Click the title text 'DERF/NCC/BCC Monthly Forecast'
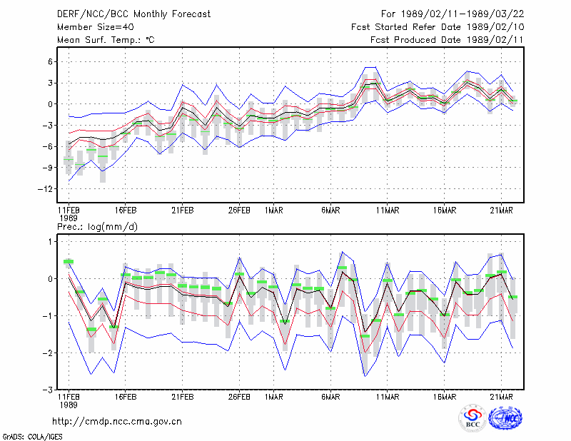(x=133, y=14)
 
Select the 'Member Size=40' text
(x=96, y=27)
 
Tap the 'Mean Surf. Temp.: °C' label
(x=106, y=40)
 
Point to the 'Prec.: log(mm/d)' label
(x=97, y=227)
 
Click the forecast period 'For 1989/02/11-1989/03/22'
(x=453, y=14)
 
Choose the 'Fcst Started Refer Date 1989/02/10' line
(x=438, y=27)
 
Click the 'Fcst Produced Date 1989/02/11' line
(x=447, y=40)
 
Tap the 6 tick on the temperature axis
(x=51, y=62)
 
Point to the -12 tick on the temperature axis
(x=46, y=189)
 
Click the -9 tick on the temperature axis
(x=48, y=168)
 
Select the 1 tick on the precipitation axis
(x=51, y=242)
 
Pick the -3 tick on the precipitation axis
(x=48, y=390)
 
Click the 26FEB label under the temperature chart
(x=239, y=211)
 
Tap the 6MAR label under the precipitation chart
(x=330, y=397)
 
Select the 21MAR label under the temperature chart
(x=502, y=211)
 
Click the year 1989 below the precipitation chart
(x=69, y=405)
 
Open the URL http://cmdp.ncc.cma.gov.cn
(x=117, y=422)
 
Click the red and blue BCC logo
(x=473, y=418)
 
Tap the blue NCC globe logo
(x=505, y=418)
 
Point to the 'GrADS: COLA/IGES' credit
(x=32, y=437)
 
